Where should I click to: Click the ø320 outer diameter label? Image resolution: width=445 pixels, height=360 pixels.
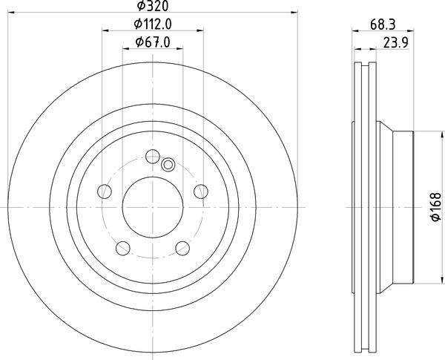(152, 6)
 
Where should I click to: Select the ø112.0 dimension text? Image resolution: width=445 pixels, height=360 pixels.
(152, 24)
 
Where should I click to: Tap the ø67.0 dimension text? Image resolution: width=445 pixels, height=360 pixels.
(153, 43)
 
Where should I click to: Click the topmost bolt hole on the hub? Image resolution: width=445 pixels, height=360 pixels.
(153, 156)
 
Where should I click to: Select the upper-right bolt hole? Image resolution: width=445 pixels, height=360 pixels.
(199, 192)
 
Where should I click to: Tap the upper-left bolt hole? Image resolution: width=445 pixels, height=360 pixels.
(105, 192)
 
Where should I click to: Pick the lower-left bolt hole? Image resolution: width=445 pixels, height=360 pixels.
(123, 246)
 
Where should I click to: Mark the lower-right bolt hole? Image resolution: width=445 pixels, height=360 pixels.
(181, 247)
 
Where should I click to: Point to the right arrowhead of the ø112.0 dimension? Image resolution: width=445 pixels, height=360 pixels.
(201, 31)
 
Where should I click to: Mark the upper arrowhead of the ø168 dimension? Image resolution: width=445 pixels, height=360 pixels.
(415, 134)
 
